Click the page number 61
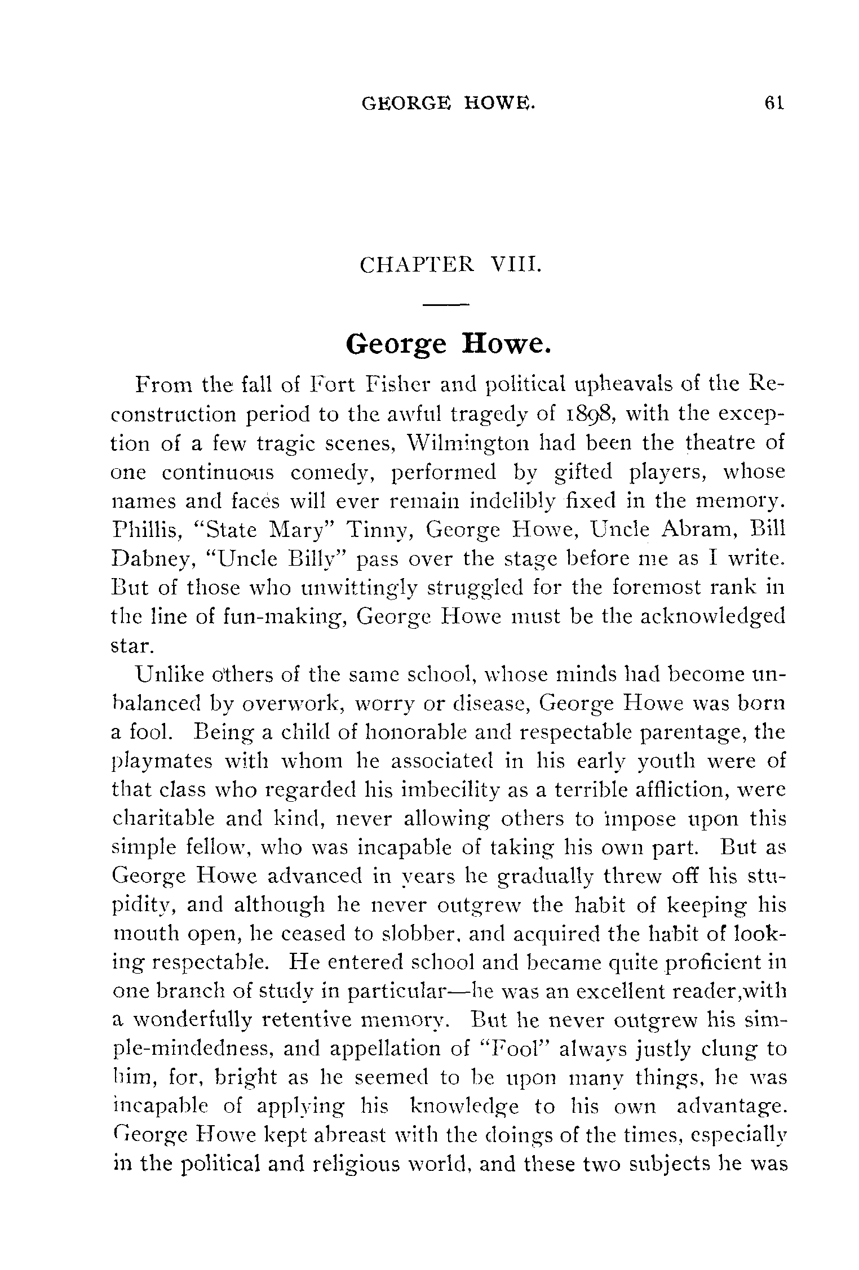coord(774,103)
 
